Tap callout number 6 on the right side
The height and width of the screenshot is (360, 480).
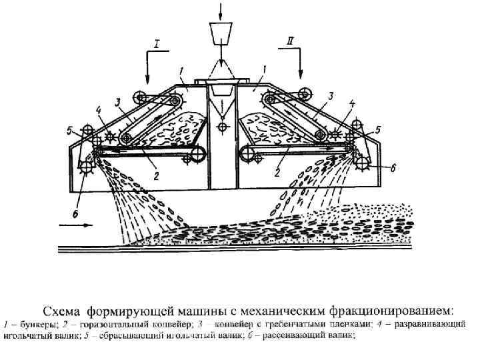(x=393, y=169)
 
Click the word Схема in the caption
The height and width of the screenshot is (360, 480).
(x=63, y=311)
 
